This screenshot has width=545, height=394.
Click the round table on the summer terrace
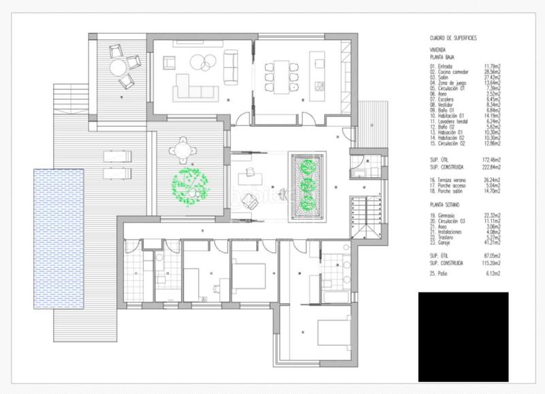(120, 67)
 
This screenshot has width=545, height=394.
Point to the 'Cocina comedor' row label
(453, 71)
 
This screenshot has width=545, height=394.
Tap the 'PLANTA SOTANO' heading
(446, 204)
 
